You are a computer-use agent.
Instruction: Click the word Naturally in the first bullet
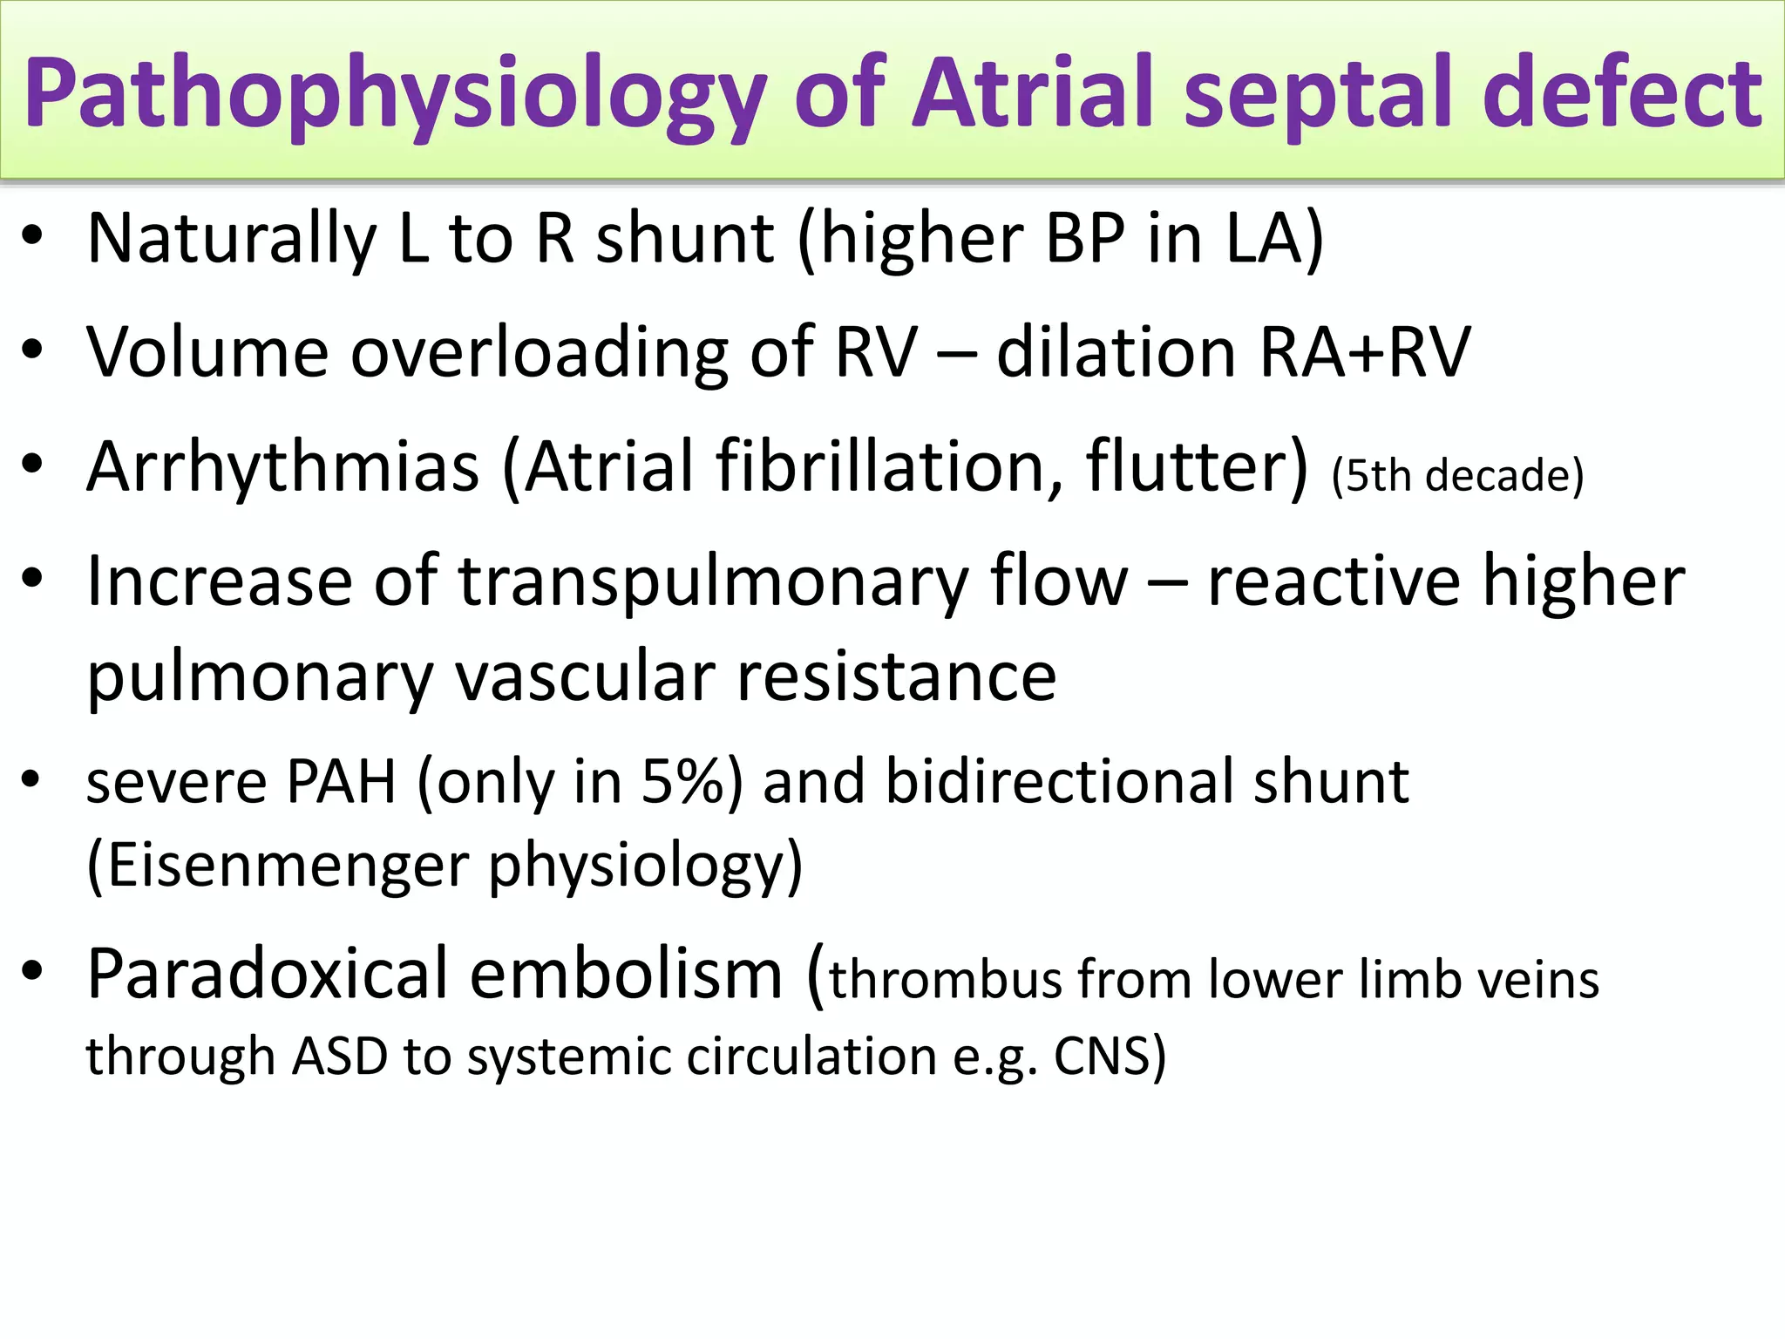click(x=232, y=239)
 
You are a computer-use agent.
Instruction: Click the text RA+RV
click(x=1364, y=352)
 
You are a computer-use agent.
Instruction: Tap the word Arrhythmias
click(x=283, y=467)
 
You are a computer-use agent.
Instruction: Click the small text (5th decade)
click(x=1456, y=476)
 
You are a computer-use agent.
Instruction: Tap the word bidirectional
click(x=1060, y=781)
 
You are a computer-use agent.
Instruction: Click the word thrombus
click(x=945, y=980)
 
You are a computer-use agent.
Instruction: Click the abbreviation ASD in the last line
click(x=340, y=1057)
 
